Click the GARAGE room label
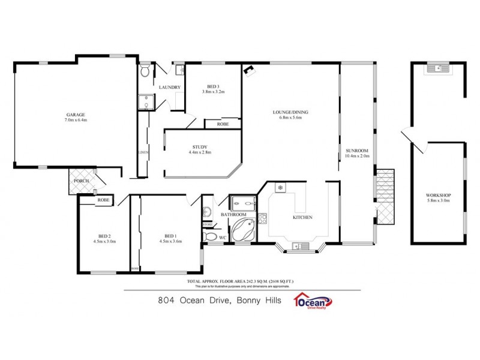[76, 114]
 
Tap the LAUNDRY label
[170, 88]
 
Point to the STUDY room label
[200, 146]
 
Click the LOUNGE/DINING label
[290, 112]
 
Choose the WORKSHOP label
[438, 196]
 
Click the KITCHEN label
[302, 217]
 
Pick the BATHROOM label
[233, 214]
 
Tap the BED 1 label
[170, 236]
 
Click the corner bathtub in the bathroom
[242, 230]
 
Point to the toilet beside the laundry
[145, 72]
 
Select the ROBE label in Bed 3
[223, 124]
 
